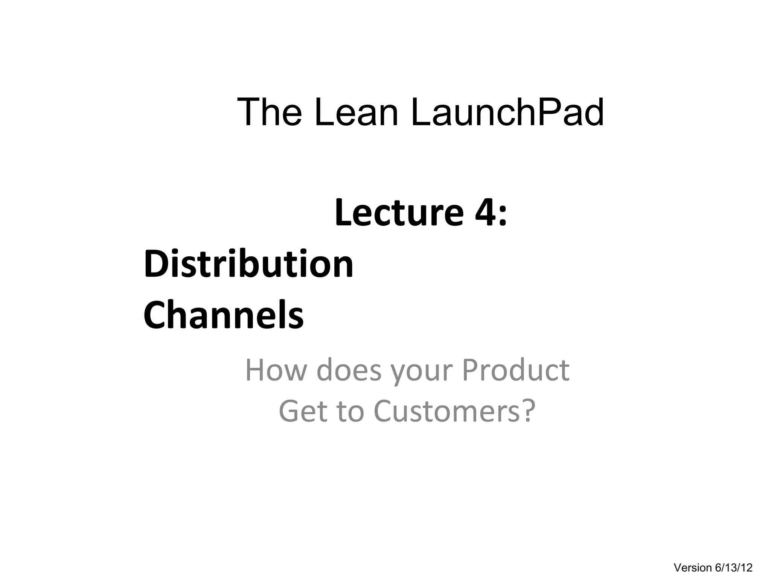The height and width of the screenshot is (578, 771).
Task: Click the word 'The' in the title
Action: pos(270,112)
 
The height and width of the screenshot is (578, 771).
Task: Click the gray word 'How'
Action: pos(276,370)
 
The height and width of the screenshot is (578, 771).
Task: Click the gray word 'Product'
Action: pos(515,370)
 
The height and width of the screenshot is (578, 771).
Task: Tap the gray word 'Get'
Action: pos(303,411)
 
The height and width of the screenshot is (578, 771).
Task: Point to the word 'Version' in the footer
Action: pos(693,567)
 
